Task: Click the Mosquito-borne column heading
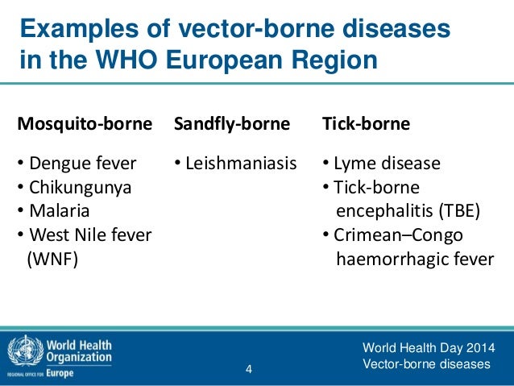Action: coord(85,124)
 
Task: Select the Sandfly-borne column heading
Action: coord(232,124)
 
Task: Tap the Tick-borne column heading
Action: coord(366,124)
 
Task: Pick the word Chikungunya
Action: coord(80,188)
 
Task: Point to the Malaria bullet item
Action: coord(59,212)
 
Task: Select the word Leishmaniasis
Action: coord(240,164)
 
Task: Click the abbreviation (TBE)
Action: coord(458,212)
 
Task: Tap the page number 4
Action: coord(249,370)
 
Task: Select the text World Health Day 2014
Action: coord(429,348)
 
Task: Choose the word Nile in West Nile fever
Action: coord(89,235)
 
